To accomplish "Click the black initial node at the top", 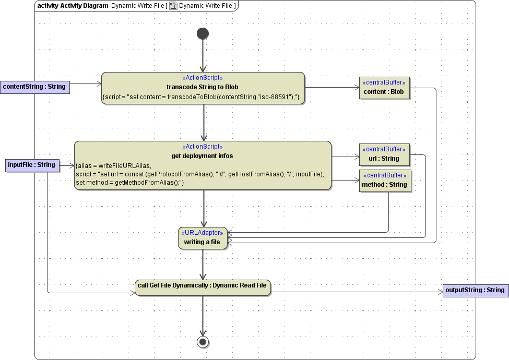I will click(203, 34).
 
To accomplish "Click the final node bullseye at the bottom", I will click(203, 342).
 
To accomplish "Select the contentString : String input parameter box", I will click(34, 87).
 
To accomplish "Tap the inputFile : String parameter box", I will click(31, 165).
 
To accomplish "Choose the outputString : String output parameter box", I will click(475, 290).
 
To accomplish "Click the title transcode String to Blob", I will click(203, 87).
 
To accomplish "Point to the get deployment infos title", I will click(203, 155).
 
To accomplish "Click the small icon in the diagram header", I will click(173, 6).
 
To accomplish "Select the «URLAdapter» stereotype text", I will click(203, 233).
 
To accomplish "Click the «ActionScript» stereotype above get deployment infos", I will click(203, 147).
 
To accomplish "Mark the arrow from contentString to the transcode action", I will click(85, 83).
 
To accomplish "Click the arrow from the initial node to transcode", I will click(203, 55).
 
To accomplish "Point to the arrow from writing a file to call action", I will click(203, 263).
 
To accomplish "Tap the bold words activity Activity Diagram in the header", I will click(68, 6).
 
